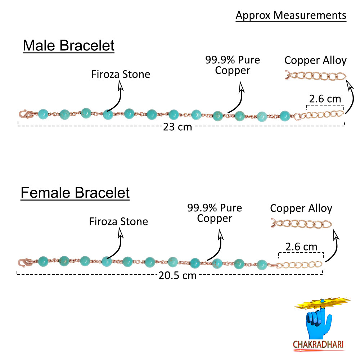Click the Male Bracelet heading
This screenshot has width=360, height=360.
tap(68, 46)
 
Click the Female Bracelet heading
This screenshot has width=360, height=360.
tap(75, 193)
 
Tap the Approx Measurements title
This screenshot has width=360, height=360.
tap(291, 15)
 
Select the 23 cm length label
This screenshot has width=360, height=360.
tap(177, 127)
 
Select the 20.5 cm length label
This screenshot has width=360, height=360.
tap(177, 275)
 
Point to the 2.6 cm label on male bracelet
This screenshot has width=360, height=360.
tap(325, 99)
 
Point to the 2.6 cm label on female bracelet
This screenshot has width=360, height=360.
tap(301, 247)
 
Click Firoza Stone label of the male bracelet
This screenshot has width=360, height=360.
tap(120, 75)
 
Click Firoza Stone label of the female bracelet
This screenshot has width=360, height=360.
tap(118, 221)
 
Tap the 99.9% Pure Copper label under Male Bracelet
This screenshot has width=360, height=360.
tap(232, 65)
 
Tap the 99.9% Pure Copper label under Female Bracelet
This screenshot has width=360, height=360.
tap(215, 213)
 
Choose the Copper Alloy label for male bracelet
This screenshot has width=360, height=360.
tap(315, 60)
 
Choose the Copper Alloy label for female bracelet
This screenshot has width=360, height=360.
tap(301, 208)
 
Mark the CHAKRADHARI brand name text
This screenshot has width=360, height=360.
tap(318, 345)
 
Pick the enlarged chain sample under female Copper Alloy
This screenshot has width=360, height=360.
tap(301, 224)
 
